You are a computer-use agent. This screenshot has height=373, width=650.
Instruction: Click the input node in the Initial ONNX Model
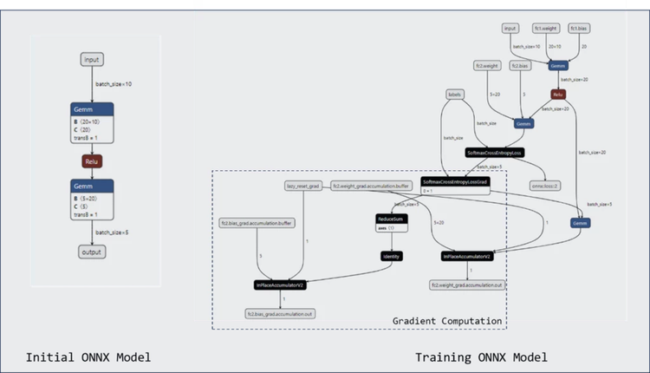pos(93,59)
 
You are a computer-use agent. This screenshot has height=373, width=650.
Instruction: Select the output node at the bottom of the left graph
pos(92,252)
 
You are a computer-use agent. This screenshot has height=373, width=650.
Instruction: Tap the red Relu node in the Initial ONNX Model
pos(93,161)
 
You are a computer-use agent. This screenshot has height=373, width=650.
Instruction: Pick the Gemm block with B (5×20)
pos(93,200)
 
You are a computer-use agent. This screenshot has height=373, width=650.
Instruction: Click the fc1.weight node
pos(547,29)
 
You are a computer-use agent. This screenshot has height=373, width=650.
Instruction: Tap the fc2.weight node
pos(487,65)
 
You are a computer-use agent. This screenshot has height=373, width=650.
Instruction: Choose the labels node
pos(453,94)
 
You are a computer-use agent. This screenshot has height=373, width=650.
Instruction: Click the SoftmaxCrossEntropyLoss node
pos(495,152)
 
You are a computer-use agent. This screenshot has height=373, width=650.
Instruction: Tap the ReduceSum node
pos(392,219)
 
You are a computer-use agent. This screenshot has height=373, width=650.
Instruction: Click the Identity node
pos(392,256)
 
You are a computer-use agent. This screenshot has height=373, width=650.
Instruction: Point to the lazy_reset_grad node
pos(304,186)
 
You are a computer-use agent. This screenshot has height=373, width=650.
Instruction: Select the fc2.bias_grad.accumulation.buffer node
pos(258,223)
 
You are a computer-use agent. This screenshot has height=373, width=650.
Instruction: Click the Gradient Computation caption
pos(447,321)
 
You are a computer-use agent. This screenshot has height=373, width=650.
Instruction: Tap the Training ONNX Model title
pos(481,357)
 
